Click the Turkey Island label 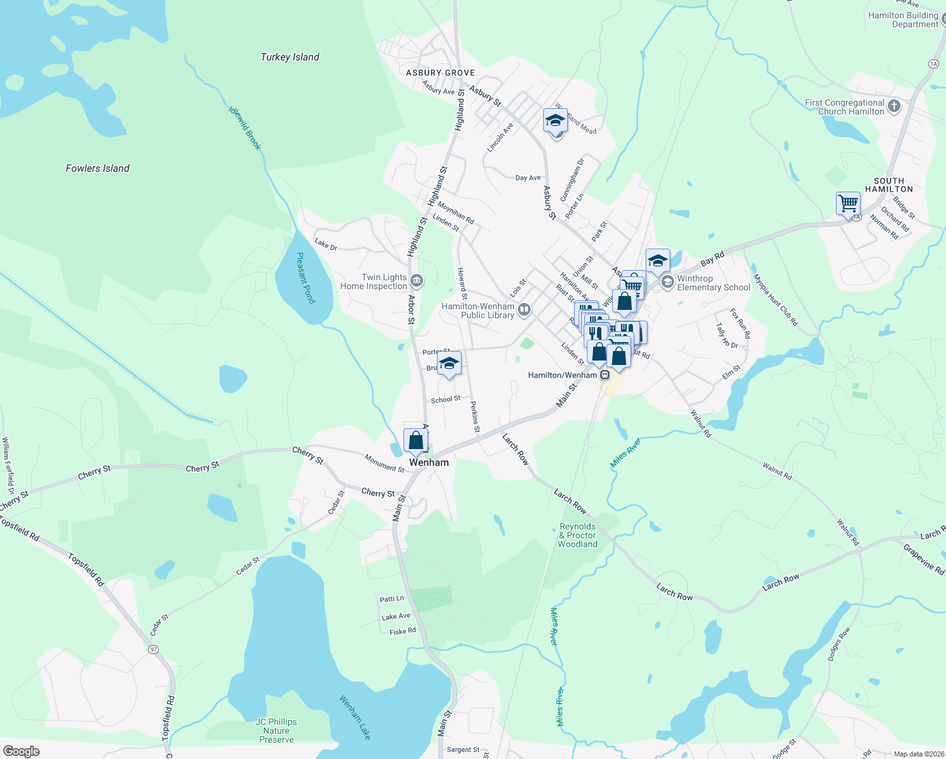(290, 57)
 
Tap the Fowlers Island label (97, 168)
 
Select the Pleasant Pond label (305, 278)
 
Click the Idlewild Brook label (245, 128)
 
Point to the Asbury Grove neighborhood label (440, 73)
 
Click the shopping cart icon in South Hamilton (848, 204)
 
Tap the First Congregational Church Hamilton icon (894, 106)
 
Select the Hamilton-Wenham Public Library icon (524, 310)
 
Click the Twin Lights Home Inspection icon (416, 281)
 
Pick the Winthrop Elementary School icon (667, 282)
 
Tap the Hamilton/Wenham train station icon (605, 375)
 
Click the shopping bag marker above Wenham (415, 440)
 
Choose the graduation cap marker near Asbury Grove (555, 120)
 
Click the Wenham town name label (429, 462)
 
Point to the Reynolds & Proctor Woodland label (577, 535)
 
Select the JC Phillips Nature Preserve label (276, 731)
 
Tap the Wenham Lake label (355, 717)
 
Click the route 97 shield (153, 650)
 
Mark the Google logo (21, 751)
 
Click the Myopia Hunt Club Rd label (776, 300)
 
